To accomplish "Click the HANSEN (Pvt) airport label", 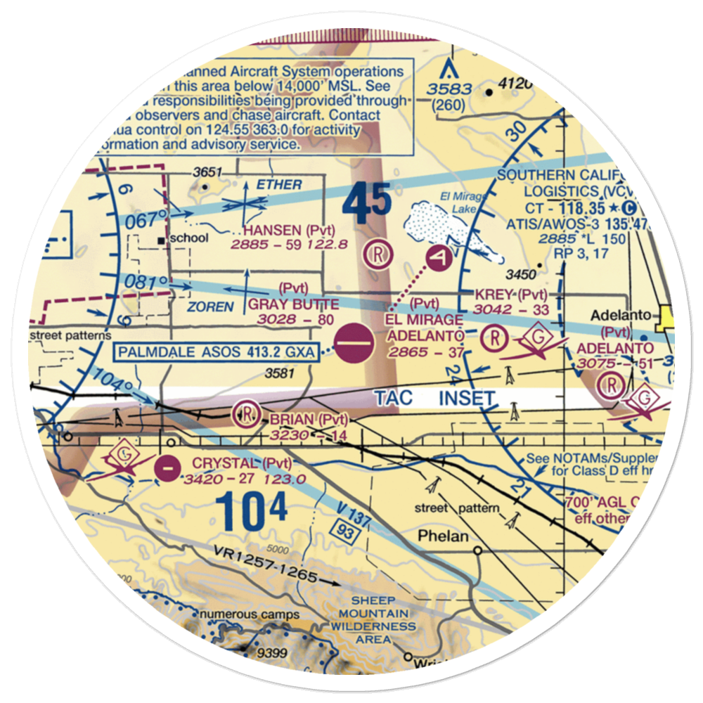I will tap(288, 230).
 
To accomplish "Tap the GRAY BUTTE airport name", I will tap(293, 304).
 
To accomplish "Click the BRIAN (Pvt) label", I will tap(309, 420).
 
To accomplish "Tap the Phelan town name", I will tap(442, 536).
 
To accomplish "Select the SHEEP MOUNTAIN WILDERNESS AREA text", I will tap(373, 619).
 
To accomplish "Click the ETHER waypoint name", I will tap(279, 185).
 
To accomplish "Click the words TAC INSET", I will tap(434, 398).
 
